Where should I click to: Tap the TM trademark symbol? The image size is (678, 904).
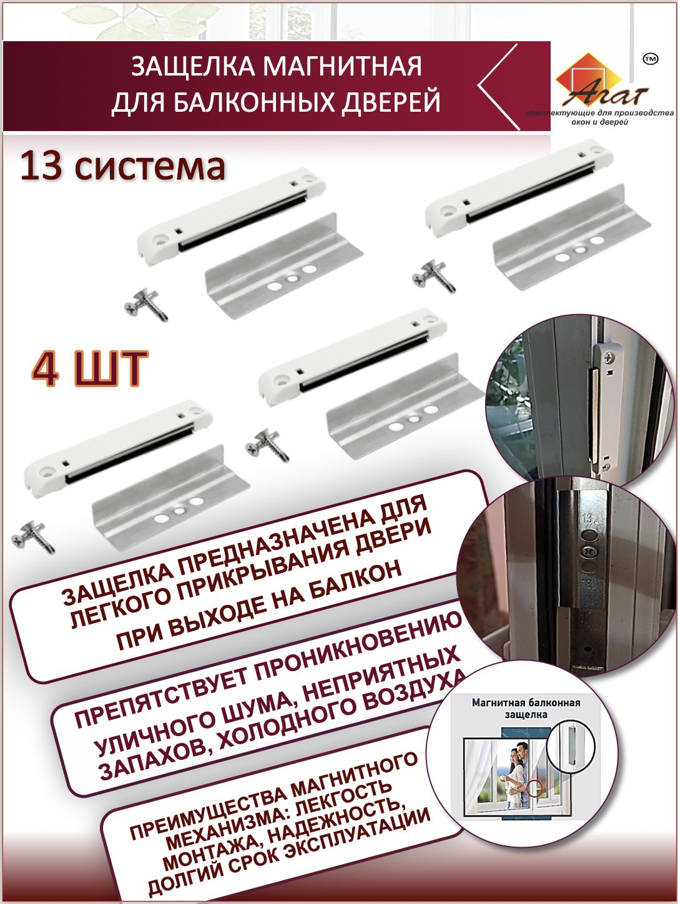pyautogui.click(x=650, y=59)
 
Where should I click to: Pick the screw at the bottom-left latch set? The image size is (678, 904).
pyautogui.click(x=33, y=537)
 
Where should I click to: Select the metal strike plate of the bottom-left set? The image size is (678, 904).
pyautogui.click(x=171, y=493)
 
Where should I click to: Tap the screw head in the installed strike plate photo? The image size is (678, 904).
pyautogui.click(x=586, y=551)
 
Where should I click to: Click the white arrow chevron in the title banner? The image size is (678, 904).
pyautogui.click(x=498, y=87)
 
